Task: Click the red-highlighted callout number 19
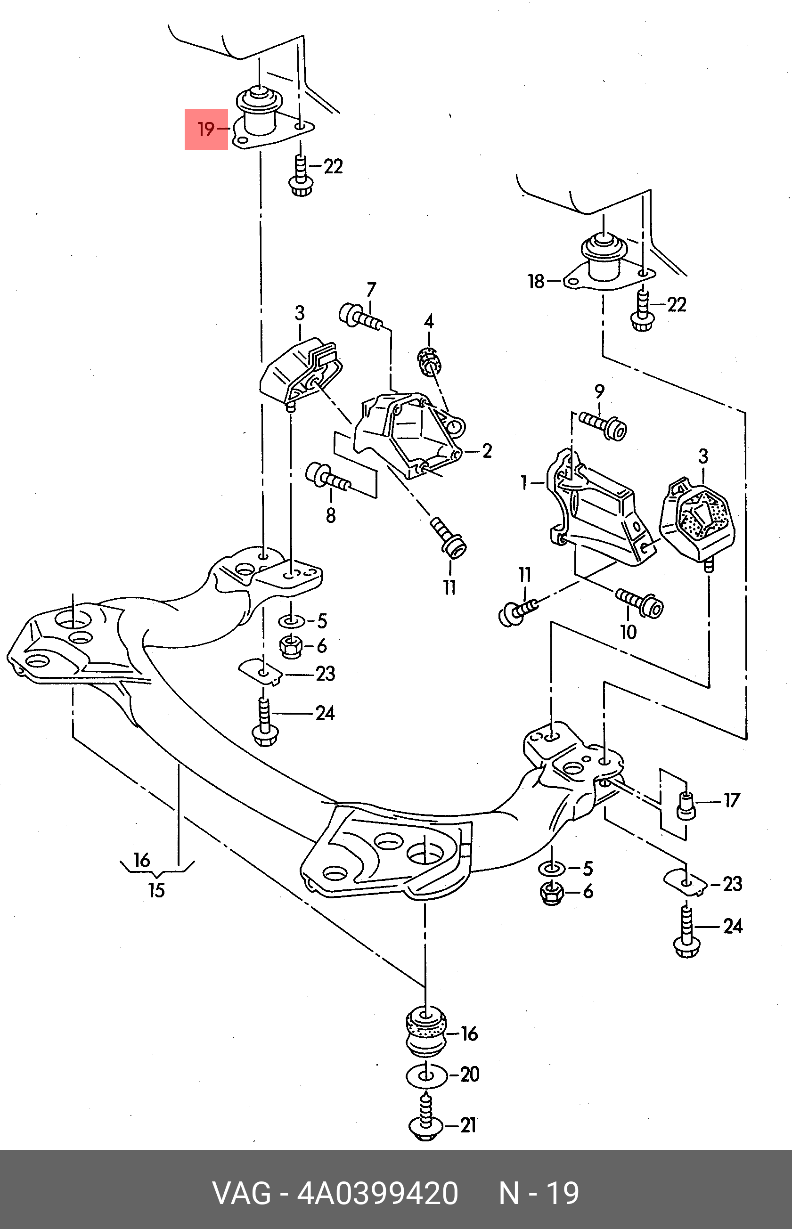coord(206,129)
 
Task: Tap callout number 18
coord(536,281)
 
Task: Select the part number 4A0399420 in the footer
coord(377,1194)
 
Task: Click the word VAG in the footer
coord(241,1194)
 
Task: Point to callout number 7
coord(371,290)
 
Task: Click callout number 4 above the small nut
coord(429,322)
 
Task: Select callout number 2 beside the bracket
coord(487,451)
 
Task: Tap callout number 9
coord(599,391)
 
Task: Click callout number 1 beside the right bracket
coord(524,482)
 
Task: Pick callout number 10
coord(628,632)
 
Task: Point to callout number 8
coord(331,515)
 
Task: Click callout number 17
coord(731,800)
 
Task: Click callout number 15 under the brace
coord(156,890)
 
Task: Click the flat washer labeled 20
coord(426,1075)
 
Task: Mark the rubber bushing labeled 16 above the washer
coord(426,1031)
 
